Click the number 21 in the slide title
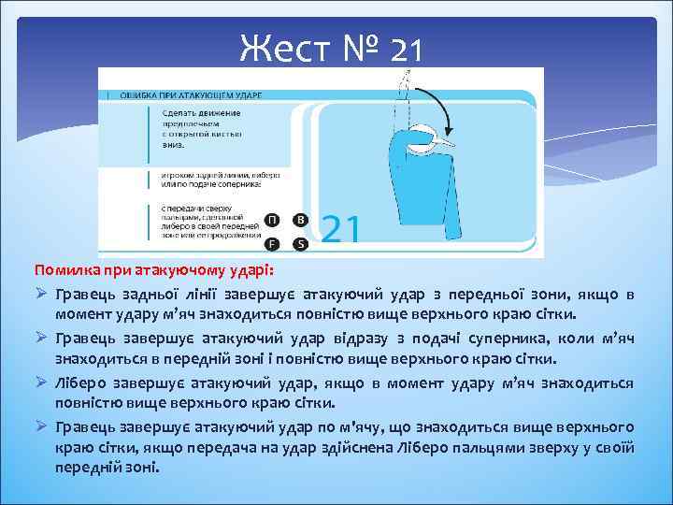407,47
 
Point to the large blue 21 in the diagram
341,227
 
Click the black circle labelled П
271,220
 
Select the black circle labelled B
300,220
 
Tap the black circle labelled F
271,245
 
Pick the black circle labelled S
300,245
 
